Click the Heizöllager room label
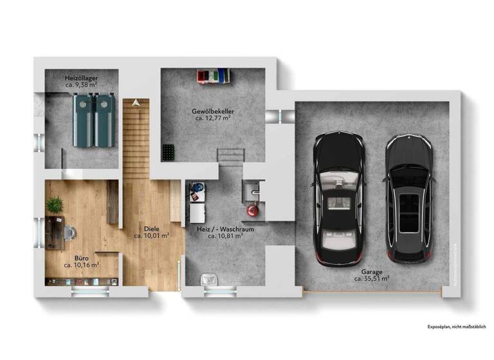tap(81, 78)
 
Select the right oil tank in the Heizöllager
tap(102, 120)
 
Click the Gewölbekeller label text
tap(213, 111)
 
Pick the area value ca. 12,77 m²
tap(213, 118)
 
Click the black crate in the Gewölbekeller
tap(169, 152)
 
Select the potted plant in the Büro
tap(54, 204)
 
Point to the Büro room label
tap(81, 257)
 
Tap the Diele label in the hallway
tap(151, 228)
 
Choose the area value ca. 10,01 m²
tap(151, 236)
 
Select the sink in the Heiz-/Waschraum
tap(251, 190)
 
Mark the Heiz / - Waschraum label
tap(224, 228)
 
